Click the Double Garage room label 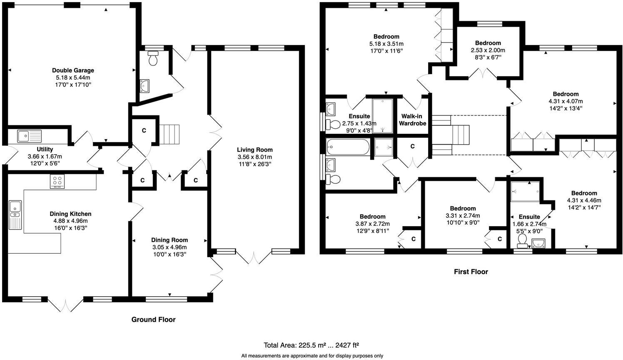[x=73, y=70]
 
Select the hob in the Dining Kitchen [x=57, y=182]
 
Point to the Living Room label [x=254, y=150]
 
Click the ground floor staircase [x=169, y=134]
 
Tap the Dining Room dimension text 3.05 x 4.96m [x=169, y=247]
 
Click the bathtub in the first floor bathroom [x=348, y=147]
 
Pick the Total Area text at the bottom [x=311, y=345]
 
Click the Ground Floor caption [x=153, y=320]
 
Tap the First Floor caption [x=471, y=272]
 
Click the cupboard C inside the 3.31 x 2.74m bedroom [x=499, y=239]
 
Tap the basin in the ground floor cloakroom [x=145, y=86]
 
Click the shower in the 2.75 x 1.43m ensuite [x=382, y=116]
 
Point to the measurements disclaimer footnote [x=312, y=356]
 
